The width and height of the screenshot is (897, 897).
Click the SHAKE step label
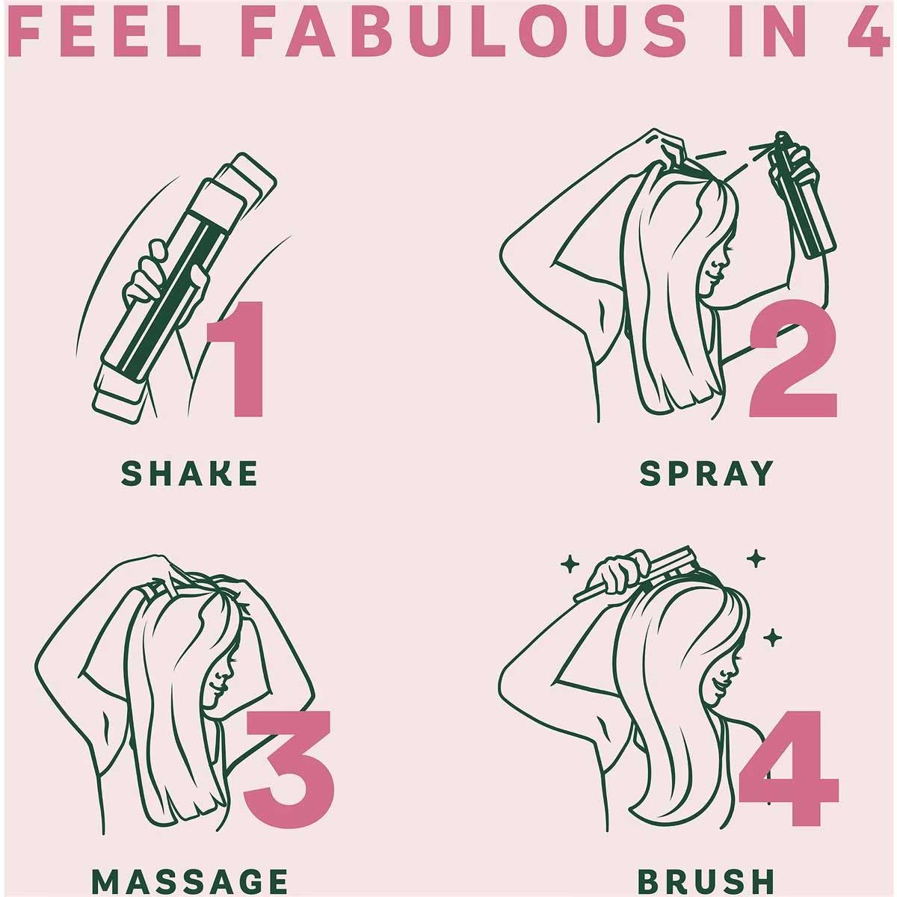pos(189,473)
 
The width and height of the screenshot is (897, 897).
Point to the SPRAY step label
pos(706,473)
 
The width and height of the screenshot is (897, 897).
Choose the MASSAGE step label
pos(189,881)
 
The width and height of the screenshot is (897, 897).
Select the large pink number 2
pos(793,359)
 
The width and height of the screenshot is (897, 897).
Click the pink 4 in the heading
pos(871,33)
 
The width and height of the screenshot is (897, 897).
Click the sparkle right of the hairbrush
pos(756,558)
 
